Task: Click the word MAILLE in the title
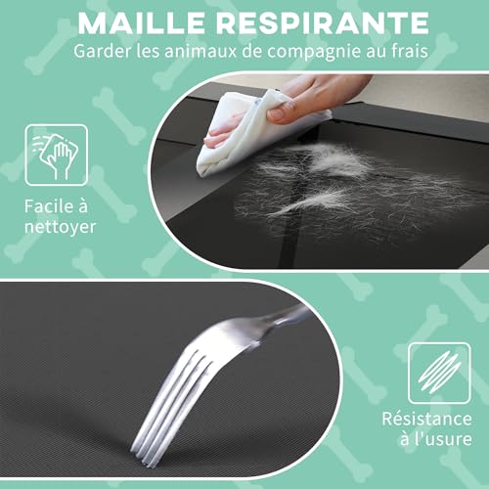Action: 141,23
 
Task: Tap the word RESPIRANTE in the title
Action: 324,23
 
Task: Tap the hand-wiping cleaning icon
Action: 57,156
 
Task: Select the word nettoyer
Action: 61,227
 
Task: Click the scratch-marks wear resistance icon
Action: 439,373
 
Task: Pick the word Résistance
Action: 426,419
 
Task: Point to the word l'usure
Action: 436,438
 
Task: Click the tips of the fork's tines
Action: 144,457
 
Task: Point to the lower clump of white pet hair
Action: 313,200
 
